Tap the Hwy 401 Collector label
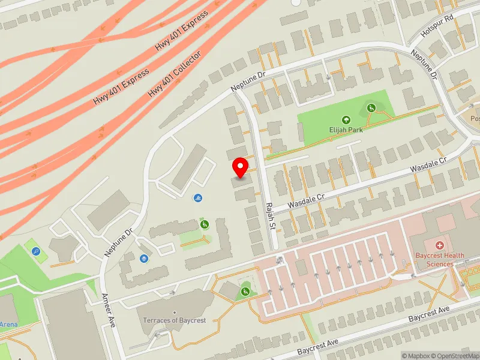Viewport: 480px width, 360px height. pos(175,75)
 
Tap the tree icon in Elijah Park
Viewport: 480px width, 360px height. pos(346,120)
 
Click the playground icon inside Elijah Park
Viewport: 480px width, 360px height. pos(371,107)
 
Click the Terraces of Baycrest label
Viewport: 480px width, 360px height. pos(175,320)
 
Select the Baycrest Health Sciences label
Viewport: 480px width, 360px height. pos(440,260)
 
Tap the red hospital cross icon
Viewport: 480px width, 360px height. pos(440,245)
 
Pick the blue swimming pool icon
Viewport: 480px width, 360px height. pos(198,199)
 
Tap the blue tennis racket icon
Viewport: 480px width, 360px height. pos(37,252)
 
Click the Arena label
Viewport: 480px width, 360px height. pos(8,325)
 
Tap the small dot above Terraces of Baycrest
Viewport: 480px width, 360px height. pos(175,313)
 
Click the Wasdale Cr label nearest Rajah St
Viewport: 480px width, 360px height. pos(305,201)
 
